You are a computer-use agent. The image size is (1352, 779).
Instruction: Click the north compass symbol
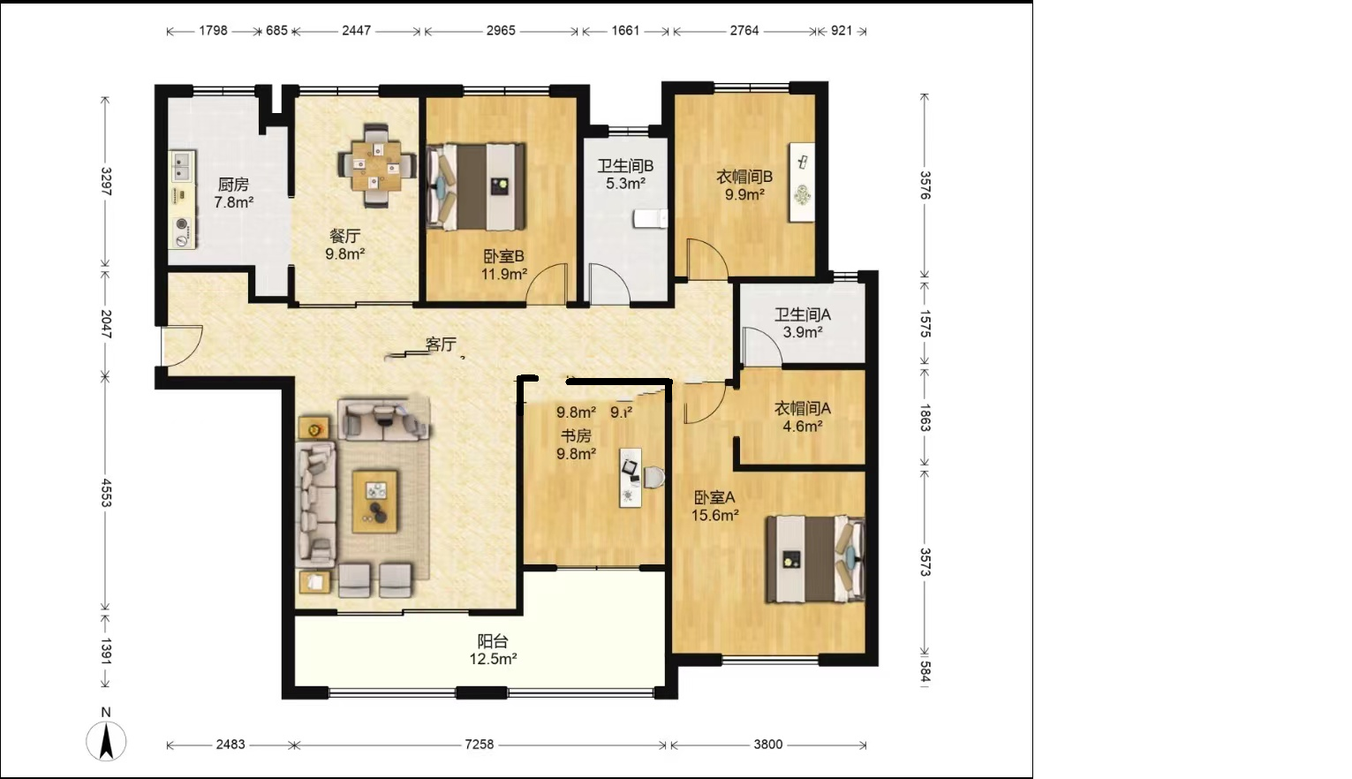(106, 738)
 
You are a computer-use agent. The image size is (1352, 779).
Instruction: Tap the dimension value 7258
(480, 745)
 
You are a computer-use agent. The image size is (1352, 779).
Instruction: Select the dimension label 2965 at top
(501, 30)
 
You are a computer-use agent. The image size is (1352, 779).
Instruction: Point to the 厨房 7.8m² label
(233, 193)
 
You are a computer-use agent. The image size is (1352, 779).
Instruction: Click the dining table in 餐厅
(377, 166)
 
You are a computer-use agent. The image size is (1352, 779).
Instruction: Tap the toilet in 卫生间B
(652, 218)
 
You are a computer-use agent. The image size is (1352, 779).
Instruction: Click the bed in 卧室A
(814, 559)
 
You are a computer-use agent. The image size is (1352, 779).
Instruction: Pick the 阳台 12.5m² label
(493, 650)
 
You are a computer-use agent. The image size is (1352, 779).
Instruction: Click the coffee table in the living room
(375, 502)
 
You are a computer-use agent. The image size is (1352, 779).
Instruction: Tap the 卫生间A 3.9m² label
(802, 323)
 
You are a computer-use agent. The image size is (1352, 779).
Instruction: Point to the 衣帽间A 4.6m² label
(802, 417)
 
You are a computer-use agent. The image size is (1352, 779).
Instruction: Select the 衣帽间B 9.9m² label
(744, 185)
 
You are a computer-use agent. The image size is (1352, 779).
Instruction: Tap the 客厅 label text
(441, 344)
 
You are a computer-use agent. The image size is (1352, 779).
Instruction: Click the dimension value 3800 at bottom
(767, 745)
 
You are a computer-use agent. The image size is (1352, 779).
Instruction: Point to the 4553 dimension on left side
(106, 493)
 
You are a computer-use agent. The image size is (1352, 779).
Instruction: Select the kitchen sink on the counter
(182, 163)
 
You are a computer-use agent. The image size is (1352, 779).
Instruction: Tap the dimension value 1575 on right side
(925, 323)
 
